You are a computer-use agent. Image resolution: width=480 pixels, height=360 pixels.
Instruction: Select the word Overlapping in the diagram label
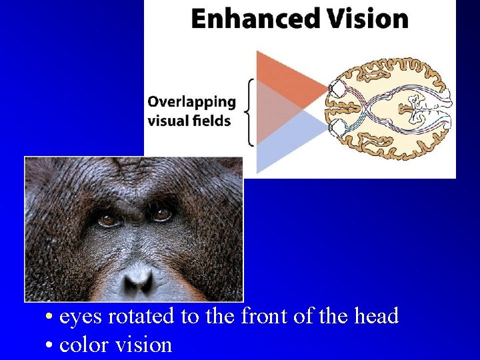pos(191,102)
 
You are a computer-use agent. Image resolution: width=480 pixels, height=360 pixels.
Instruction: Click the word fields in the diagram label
pos(213,121)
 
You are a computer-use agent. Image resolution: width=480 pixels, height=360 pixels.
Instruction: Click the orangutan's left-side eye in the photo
pos(107,219)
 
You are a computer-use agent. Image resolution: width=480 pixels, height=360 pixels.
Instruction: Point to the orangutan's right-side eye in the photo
pos(161,214)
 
